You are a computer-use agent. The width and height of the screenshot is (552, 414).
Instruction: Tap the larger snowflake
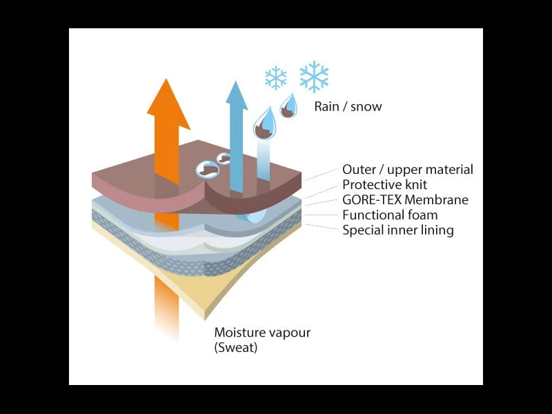(x=314, y=76)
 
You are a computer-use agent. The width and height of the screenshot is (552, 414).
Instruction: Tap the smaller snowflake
(x=275, y=78)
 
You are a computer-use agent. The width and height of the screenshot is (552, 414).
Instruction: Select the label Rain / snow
(x=348, y=106)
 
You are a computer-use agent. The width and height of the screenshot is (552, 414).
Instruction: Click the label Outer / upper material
(x=408, y=169)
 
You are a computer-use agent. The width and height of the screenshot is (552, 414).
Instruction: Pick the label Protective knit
(x=385, y=184)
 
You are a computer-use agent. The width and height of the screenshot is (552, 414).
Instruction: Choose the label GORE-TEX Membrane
(x=405, y=200)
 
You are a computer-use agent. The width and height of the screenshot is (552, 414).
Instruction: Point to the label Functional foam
(x=390, y=215)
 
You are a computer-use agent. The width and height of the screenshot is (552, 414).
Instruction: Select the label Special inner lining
(x=398, y=230)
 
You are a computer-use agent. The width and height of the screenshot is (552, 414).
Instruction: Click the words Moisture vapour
(x=262, y=333)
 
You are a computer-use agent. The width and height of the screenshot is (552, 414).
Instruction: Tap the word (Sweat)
(x=235, y=348)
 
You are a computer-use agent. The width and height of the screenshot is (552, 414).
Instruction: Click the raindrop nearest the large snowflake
(x=288, y=106)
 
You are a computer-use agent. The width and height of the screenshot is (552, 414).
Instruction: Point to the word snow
(x=366, y=106)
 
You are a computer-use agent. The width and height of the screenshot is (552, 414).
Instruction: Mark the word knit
(x=415, y=184)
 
